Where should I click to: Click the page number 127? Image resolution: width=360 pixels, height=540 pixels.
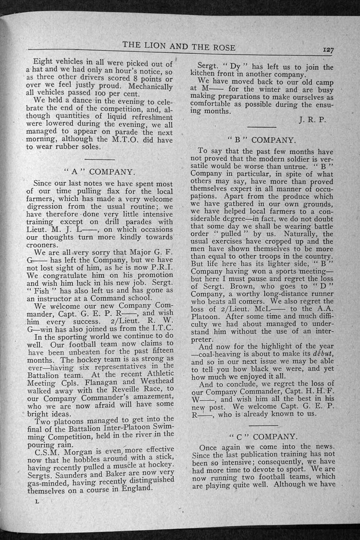click(x=328, y=50)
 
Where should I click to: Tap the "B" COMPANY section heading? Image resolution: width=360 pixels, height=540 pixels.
click(x=262, y=140)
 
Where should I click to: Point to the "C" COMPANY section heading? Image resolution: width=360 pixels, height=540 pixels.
click(x=264, y=436)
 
